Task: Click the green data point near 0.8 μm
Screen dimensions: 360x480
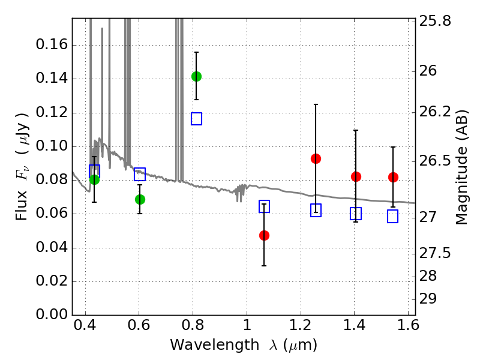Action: click(x=196, y=76)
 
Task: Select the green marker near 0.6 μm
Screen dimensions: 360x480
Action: click(x=140, y=199)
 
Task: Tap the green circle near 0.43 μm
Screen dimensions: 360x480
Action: click(x=94, y=179)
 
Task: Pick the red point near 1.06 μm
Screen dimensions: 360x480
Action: click(x=264, y=235)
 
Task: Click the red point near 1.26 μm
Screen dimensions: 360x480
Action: click(x=316, y=158)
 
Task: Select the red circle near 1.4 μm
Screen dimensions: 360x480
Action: click(x=356, y=176)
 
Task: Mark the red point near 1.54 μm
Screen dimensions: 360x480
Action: click(x=393, y=177)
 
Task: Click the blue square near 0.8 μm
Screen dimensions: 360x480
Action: click(x=196, y=119)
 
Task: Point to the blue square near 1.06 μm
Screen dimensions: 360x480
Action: click(x=264, y=206)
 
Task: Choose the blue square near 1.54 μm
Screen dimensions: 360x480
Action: click(x=393, y=217)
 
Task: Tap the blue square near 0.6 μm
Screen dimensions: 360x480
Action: click(x=140, y=175)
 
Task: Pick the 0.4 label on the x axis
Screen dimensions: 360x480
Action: click(x=85, y=328)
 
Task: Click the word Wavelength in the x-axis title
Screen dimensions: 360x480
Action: click(x=206, y=345)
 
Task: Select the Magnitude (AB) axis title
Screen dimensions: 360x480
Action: click(x=462, y=167)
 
